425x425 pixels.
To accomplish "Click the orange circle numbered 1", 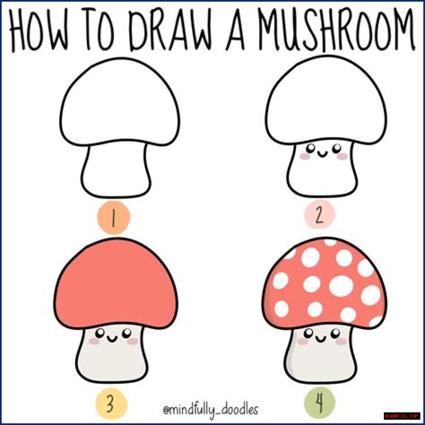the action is pyautogui.click(x=113, y=217).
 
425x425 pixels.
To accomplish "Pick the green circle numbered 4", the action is pyautogui.click(x=319, y=403).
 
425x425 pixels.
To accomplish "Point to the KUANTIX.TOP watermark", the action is pyautogui.click(x=401, y=416).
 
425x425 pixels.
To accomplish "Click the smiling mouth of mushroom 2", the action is pyautogui.click(x=322, y=155).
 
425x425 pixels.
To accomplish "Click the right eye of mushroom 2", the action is pyautogui.click(x=337, y=148).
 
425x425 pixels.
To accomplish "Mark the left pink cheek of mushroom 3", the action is pyautogui.click(x=94, y=342).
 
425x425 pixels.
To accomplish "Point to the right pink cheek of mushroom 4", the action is pyautogui.click(x=341, y=342).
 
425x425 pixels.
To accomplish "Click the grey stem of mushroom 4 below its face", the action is pyautogui.click(x=321, y=364).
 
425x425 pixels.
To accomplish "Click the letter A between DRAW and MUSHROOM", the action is pyautogui.click(x=235, y=31).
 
